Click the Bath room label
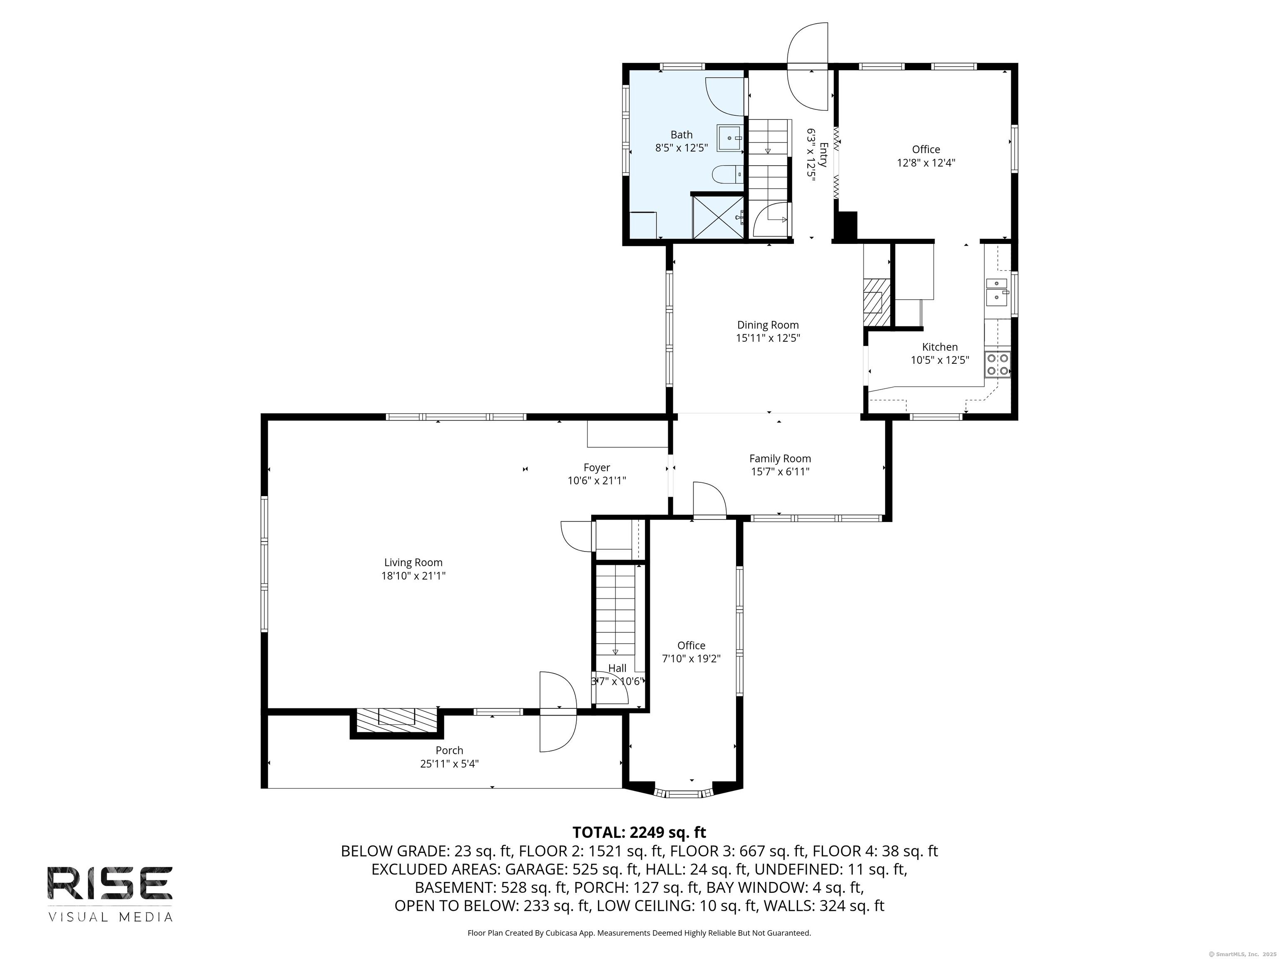681,135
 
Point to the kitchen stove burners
998,365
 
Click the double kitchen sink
997,291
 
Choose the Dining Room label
768,325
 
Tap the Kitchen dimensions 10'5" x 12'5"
940,360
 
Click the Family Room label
780,458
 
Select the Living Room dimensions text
413,576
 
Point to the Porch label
449,750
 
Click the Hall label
617,668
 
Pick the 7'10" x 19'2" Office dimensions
691,658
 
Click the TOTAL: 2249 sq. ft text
639,832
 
